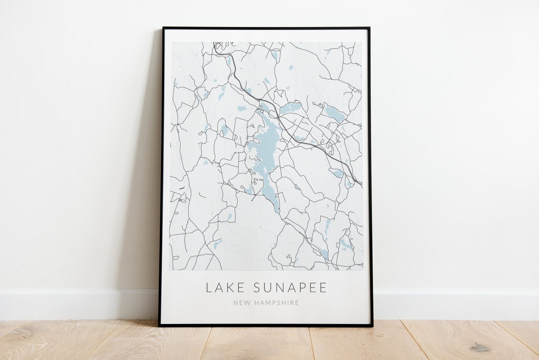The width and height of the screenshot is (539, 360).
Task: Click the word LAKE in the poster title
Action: pyautogui.click(x=225, y=288)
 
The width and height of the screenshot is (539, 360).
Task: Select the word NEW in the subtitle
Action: pyautogui.click(x=240, y=303)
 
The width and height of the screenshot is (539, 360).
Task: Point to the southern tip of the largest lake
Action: pyautogui.click(x=278, y=210)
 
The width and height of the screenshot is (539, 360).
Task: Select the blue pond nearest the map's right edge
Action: pyautogui.click(x=335, y=114)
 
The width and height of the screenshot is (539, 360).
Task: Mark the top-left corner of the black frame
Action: pyautogui.click(x=163, y=28)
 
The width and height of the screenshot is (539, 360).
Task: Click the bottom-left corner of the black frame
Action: pyautogui.click(x=160, y=326)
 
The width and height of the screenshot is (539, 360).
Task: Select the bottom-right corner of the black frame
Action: pyautogui.click(x=372, y=326)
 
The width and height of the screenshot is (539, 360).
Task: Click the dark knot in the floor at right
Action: pyautogui.click(x=480, y=348)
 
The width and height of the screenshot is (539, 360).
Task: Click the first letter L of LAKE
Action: pyautogui.click(x=209, y=288)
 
